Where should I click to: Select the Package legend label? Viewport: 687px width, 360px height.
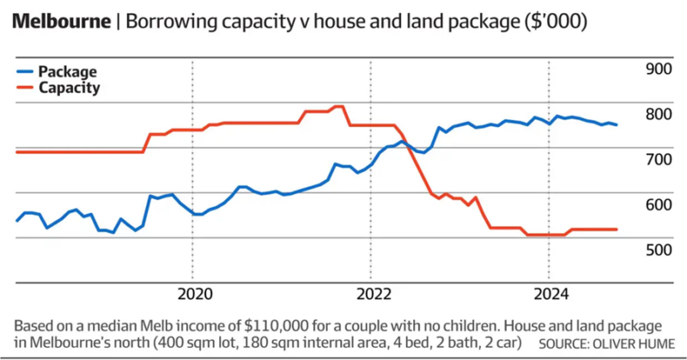(x=73, y=71)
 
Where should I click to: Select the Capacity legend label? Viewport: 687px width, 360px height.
(x=76, y=88)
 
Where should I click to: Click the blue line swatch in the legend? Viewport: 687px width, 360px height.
(x=31, y=72)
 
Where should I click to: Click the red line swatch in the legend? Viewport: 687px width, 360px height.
(x=31, y=88)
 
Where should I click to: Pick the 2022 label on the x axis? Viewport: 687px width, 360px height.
(x=370, y=292)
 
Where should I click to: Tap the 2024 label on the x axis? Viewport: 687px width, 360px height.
(x=550, y=292)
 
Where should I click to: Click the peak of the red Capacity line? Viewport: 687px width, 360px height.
(x=338, y=107)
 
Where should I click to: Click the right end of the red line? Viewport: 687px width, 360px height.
(x=617, y=229)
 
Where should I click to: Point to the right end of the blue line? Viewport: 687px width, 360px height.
(x=617, y=125)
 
